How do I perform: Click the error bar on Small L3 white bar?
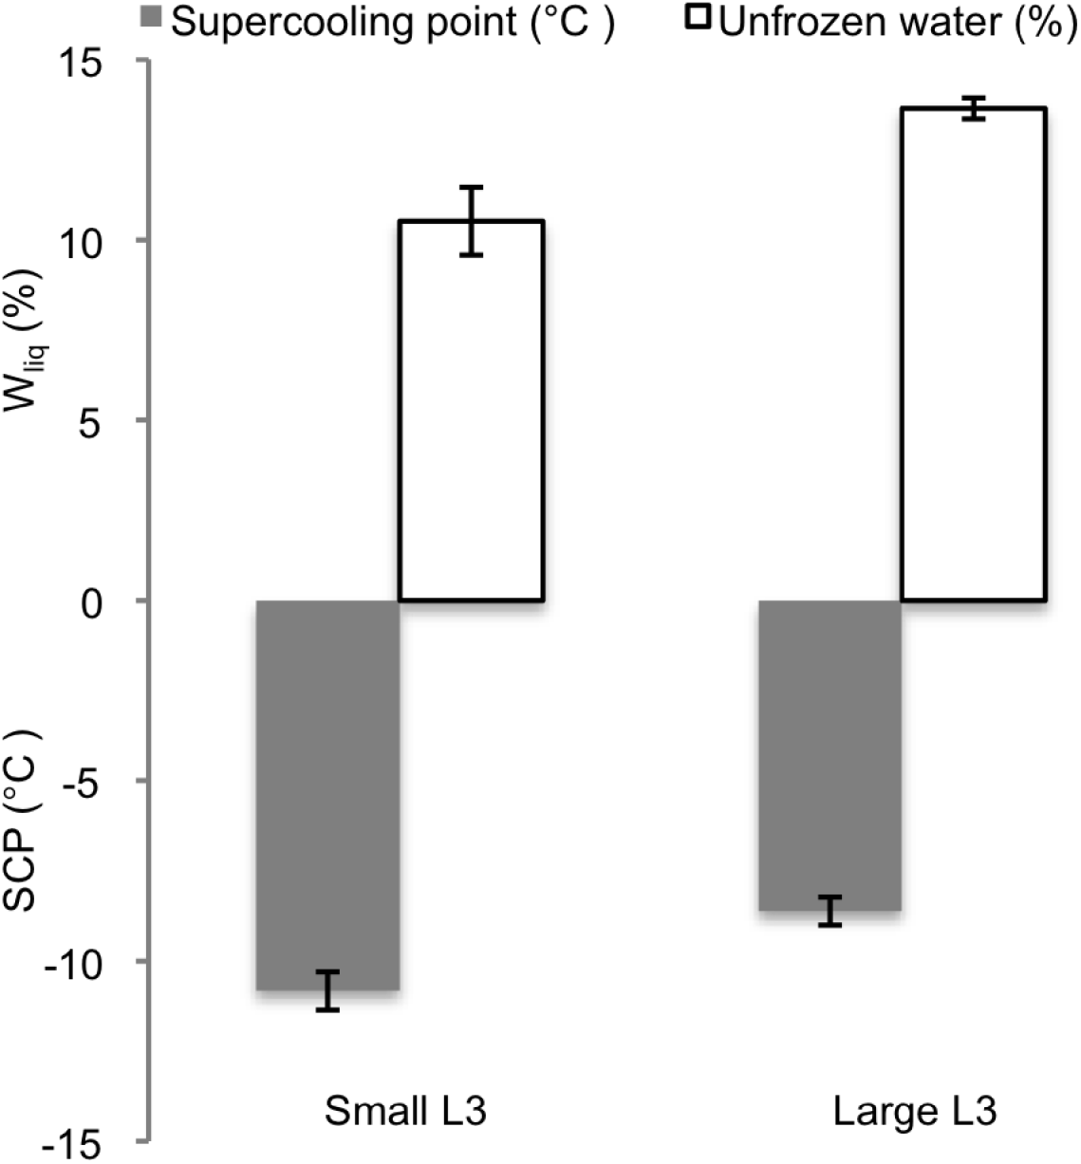coord(471,221)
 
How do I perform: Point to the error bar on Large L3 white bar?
coord(973,108)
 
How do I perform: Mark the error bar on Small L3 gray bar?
coord(327,990)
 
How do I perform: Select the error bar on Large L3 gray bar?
coord(830,911)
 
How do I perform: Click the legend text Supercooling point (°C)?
coord(393,22)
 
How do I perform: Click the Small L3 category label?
coord(405,1111)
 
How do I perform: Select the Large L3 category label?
coord(915,1111)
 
